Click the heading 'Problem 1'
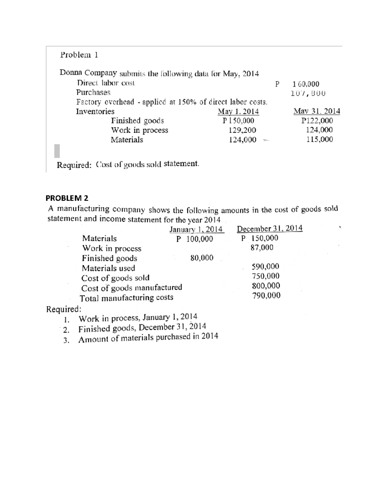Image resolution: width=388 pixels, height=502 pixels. pyautogui.click(x=79, y=55)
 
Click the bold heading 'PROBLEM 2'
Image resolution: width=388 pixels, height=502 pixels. pyautogui.click(x=67, y=198)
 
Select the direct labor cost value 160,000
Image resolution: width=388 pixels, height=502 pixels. pyautogui.click(x=306, y=84)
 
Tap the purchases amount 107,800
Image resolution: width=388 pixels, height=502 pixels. pyautogui.click(x=307, y=93)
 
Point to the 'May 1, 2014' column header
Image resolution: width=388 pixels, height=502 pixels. pyautogui.click(x=238, y=112)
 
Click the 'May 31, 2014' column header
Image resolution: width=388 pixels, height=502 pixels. pyautogui.click(x=317, y=111)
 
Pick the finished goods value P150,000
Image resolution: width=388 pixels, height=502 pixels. pyautogui.click(x=238, y=121)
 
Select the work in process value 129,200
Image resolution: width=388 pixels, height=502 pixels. pyautogui.click(x=242, y=130)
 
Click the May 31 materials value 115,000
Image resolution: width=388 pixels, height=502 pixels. pyautogui.click(x=319, y=139)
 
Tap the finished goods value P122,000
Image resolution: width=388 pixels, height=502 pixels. pyautogui.click(x=317, y=121)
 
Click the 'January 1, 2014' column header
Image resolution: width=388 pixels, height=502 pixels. pyautogui.click(x=196, y=230)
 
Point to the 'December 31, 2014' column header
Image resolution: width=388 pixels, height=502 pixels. pyautogui.click(x=270, y=229)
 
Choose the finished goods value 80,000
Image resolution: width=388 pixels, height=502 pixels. pyautogui.click(x=202, y=258)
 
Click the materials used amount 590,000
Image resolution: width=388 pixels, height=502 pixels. pyautogui.click(x=265, y=266)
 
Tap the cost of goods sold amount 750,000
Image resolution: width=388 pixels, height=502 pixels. pyautogui.click(x=265, y=276)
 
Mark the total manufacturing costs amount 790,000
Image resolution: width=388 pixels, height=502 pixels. pyautogui.click(x=266, y=295)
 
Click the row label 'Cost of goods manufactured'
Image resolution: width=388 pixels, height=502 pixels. pyautogui.click(x=132, y=287)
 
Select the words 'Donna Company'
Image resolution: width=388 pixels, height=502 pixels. pyautogui.click(x=88, y=72)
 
